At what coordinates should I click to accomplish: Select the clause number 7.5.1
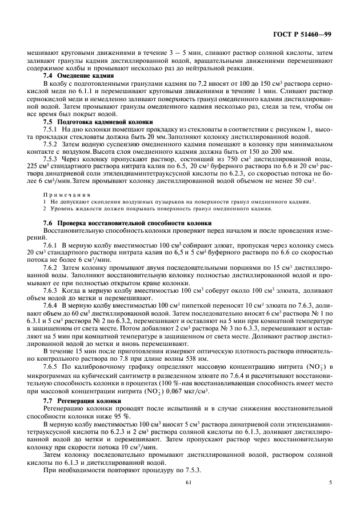click(53, 130)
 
